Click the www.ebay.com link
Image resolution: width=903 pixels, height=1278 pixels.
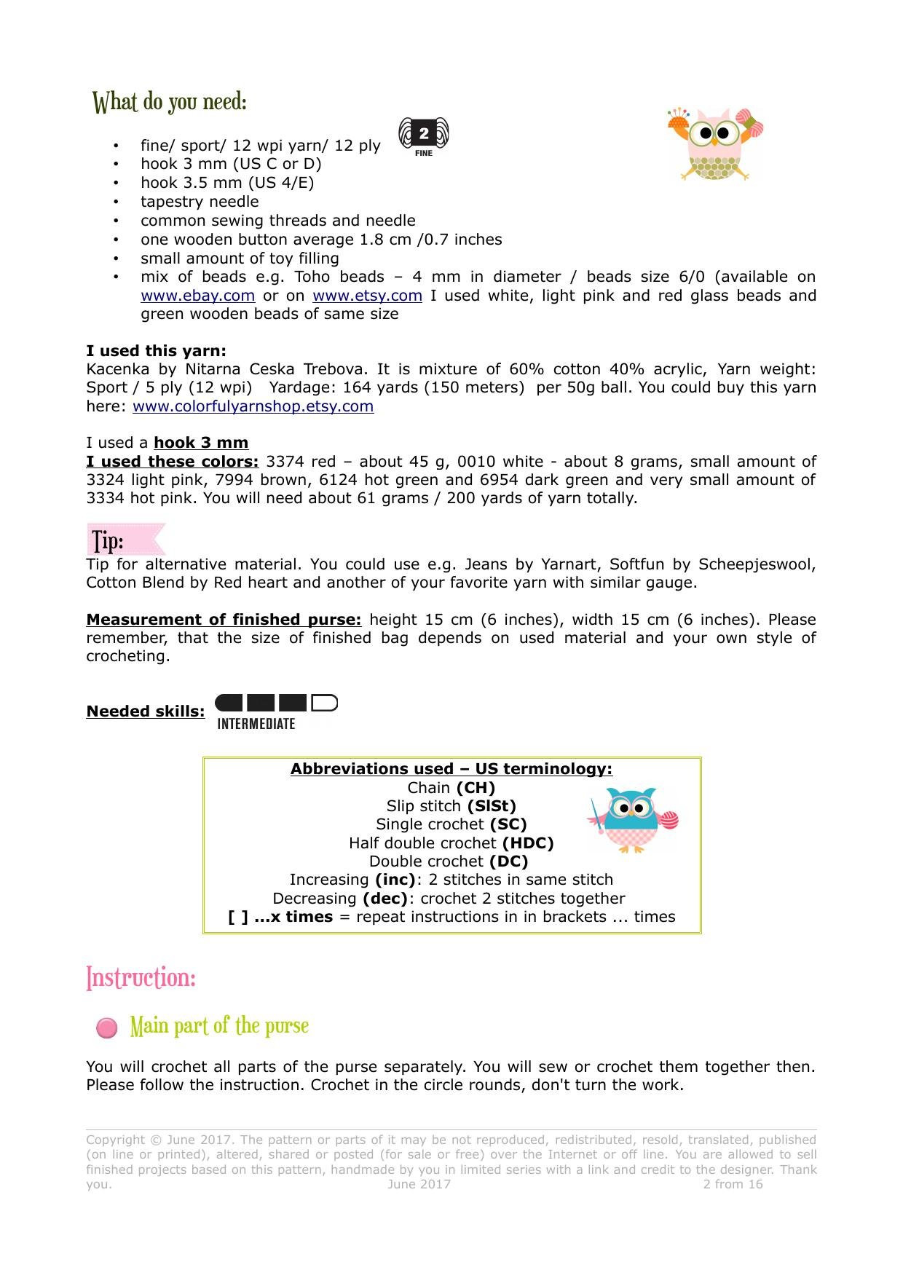(x=197, y=296)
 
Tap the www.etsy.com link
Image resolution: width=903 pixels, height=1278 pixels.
(x=367, y=296)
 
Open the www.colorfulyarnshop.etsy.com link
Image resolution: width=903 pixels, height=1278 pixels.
(x=253, y=406)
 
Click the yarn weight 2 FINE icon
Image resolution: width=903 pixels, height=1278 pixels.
(x=424, y=136)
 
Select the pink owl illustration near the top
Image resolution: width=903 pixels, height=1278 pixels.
(x=714, y=144)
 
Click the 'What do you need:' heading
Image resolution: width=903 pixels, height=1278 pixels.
(x=170, y=102)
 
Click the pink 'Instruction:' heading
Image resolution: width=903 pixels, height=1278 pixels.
(x=141, y=977)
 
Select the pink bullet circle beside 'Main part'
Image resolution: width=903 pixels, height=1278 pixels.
(x=107, y=1027)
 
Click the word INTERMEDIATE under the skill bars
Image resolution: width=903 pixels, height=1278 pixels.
(x=256, y=724)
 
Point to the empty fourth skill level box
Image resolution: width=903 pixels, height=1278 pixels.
(x=324, y=703)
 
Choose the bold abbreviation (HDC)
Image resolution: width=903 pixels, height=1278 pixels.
(x=527, y=843)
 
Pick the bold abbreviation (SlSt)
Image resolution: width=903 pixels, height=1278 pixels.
(x=492, y=806)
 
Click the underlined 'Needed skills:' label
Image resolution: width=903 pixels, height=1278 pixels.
(x=146, y=711)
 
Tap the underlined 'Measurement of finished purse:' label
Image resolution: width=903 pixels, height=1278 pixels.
(x=224, y=620)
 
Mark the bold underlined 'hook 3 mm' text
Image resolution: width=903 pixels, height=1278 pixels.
(x=201, y=443)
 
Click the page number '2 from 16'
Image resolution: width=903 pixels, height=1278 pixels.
(x=733, y=1184)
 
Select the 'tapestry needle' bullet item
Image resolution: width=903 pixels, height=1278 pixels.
(x=200, y=202)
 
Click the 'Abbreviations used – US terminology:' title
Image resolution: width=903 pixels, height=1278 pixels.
(x=451, y=769)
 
